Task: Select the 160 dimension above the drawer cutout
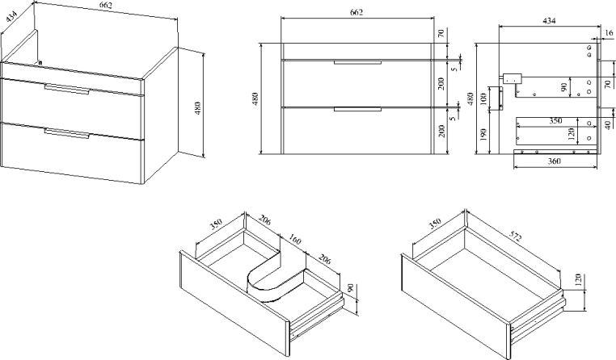pos(295,239)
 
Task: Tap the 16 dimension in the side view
pos(609,33)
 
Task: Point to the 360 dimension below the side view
pos(554,161)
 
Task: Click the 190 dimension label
pos(483,135)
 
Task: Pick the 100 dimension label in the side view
pos(483,98)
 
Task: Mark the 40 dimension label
pos(608,125)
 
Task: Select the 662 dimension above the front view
pos(357,12)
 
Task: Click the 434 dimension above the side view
pos(549,21)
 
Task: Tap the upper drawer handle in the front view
pos(357,62)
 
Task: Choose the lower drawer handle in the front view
pos(357,109)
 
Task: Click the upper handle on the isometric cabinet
pos(67,90)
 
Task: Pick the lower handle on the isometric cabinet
pos(67,133)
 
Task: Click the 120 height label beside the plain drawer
pos(578,280)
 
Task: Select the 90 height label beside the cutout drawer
pos(351,289)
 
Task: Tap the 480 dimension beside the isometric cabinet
pos(197,108)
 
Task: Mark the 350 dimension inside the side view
pos(555,121)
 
